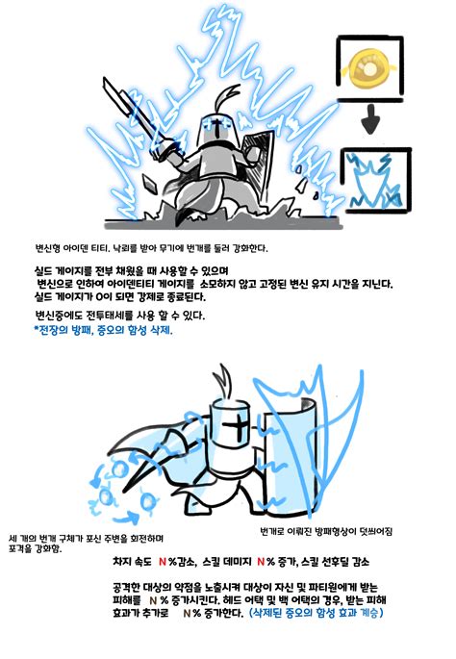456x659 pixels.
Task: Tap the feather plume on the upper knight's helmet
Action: click(228, 98)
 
